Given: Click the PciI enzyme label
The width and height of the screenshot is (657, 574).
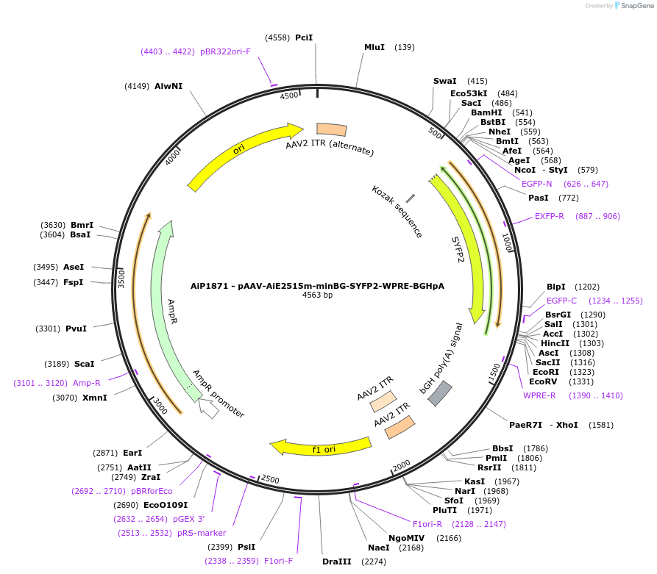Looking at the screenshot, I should (x=303, y=37).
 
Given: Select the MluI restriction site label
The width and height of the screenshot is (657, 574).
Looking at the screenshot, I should (x=374, y=47).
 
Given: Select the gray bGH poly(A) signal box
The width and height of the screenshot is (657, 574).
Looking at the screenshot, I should (x=440, y=394).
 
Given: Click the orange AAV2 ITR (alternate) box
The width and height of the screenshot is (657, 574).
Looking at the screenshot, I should (x=331, y=129).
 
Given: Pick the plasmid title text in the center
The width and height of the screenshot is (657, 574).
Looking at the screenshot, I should (x=317, y=286).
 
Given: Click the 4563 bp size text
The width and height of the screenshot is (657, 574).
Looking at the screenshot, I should (x=317, y=295).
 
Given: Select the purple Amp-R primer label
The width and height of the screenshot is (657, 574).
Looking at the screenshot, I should (x=87, y=383).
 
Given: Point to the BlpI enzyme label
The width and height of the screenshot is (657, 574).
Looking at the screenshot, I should (x=556, y=287).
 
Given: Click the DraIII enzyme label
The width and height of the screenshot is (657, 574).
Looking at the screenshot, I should (x=337, y=562).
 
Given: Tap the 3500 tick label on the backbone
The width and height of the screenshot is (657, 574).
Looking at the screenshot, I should (x=122, y=278).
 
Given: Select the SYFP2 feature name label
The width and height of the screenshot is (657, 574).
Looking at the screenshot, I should (x=458, y=249).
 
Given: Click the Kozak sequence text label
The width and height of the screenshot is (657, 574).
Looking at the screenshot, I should (x=397, y=212).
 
